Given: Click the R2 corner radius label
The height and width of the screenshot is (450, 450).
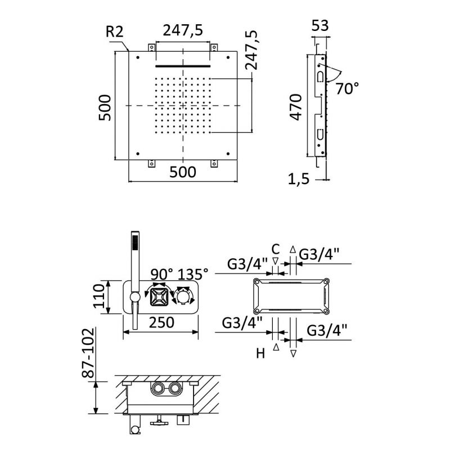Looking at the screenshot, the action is (x=115, y=31).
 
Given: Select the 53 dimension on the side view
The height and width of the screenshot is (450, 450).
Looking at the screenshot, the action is (x=320, y=25).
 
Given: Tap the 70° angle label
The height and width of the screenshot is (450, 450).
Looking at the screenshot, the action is (x=347, y=88).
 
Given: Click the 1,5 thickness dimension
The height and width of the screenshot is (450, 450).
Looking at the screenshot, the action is (x=299, y=179).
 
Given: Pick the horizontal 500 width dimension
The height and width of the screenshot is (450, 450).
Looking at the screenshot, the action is (x=183, y=172).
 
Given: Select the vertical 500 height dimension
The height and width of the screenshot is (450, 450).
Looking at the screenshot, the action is (x=105, y=107).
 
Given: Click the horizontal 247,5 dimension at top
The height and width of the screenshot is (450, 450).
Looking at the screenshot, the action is (x=183, y=30).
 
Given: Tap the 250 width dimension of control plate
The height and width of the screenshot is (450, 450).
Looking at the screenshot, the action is (x=161, y=322).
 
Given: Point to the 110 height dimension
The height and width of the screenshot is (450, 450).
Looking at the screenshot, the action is (x=100, y=296).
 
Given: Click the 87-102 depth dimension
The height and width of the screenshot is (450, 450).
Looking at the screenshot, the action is (x=88, y=353).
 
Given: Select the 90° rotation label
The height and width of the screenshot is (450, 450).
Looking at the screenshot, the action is (x=162, y=274).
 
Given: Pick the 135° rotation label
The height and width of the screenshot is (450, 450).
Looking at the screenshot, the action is (x=193, y=274).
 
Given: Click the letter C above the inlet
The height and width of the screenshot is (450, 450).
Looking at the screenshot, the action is (x=276, y=249).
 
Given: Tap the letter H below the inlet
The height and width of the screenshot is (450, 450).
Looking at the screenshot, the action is (x=260, y=353).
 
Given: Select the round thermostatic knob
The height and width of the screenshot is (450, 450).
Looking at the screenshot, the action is (x=184, y=296).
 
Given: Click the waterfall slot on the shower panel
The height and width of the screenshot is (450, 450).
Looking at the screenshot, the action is (x=183, y=66).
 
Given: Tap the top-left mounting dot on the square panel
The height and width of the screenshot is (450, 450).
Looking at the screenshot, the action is (x=138, y=57).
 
